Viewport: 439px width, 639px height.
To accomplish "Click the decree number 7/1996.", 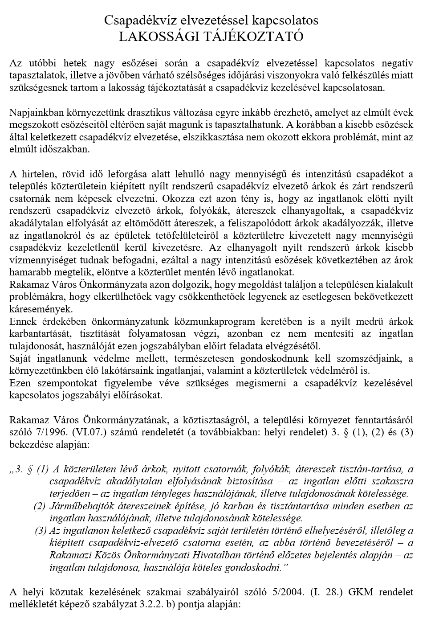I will click(45, 432).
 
